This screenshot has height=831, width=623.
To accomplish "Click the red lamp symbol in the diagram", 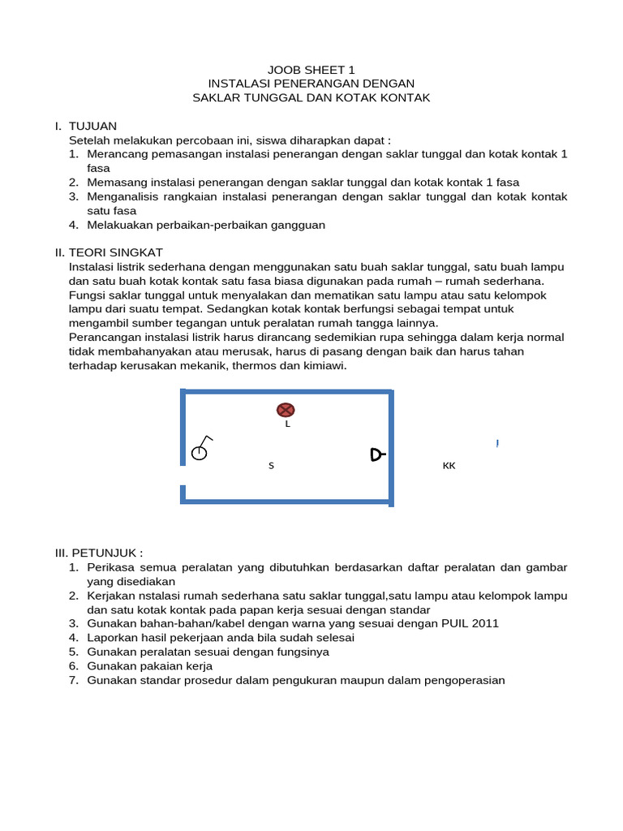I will [x=286, y=410].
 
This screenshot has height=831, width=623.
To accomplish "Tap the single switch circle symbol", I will [x=200, y=452].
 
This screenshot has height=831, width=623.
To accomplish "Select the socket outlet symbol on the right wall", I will [x=377, y=454].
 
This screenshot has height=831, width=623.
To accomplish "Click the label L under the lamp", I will [x=287, y=424].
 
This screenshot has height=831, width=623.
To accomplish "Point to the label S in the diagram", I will [x=271, y=466].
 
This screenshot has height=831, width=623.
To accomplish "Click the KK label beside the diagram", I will [x=449, y=466].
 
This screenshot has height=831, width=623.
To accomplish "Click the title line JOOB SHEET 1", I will [x=311, y=70].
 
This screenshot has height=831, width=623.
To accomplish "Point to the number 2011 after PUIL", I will [x=483, y=623].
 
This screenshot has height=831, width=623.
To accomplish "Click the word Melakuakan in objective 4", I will [x=116, y=225].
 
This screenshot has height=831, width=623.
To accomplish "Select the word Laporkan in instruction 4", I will [x=110, y=638].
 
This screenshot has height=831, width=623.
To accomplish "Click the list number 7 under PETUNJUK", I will [x=73, y=680].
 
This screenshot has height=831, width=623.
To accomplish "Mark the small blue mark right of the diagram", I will [x=496, y=443].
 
